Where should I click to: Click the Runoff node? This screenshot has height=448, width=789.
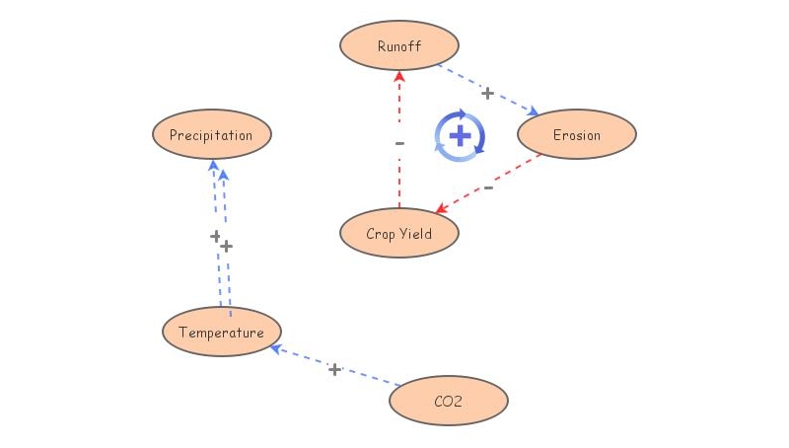[399, 46]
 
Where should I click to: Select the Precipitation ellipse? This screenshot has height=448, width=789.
[211, 135]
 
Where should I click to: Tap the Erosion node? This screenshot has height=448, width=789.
[577, 135]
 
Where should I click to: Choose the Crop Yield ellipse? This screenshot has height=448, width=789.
[399, 234]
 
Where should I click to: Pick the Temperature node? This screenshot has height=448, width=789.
[222, 333]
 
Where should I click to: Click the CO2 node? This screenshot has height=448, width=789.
[449, 402]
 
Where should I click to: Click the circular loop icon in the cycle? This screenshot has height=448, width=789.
[460, 136]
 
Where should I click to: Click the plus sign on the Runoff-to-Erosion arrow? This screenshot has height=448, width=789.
[487, 93]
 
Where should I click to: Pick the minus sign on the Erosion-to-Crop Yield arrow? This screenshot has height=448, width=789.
[488, 187]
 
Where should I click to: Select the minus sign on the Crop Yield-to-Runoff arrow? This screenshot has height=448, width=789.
[399, 143]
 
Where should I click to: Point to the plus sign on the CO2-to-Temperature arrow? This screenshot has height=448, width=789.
[334, 369]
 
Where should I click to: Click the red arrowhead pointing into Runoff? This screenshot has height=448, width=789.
[399, 76]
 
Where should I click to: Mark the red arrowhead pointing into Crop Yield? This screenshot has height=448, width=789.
[442, 209]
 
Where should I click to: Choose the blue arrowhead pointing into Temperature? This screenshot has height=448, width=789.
[277, 348]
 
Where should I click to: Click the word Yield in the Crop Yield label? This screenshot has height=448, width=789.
[415, 235]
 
